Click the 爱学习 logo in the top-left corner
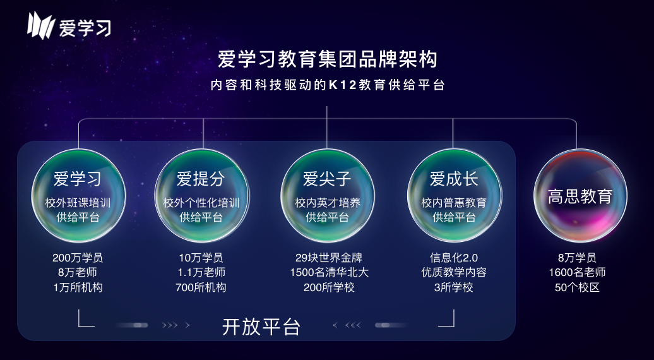point(69,25)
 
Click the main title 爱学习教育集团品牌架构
point(328,59)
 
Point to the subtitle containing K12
point(328,85)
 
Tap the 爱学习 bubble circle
point(78,195)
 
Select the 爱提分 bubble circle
point(202,195)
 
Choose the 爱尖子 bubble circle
point(328,195)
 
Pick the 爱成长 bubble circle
point(455,195)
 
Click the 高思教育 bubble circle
point(580,195)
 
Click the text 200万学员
point(78,258)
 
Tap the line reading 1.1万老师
point(201,272)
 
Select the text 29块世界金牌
point(329,258)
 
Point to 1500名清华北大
point(329,272)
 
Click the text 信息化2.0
point(454,258)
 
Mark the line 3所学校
point(454,287)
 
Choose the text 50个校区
point(577,287)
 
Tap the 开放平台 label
point(261,327)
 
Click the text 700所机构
point(201,287)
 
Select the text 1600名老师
point(577,272)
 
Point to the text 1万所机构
point(78,287)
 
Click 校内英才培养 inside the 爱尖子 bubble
point(328,203)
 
